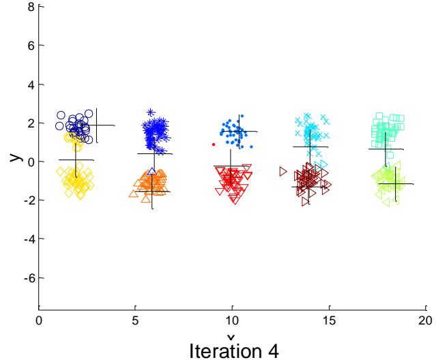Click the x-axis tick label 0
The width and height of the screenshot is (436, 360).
click(40, 318)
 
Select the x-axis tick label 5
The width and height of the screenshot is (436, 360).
click(136, 318)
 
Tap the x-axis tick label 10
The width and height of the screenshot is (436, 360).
click(232, 318)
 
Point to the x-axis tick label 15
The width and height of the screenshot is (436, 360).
click(328, 318)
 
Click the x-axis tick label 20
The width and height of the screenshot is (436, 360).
click(424, 318)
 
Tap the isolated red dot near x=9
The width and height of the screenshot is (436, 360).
click(214, 145)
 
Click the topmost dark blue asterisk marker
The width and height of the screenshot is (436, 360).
click(151, 112)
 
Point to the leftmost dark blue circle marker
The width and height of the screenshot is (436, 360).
click(61, 115)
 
